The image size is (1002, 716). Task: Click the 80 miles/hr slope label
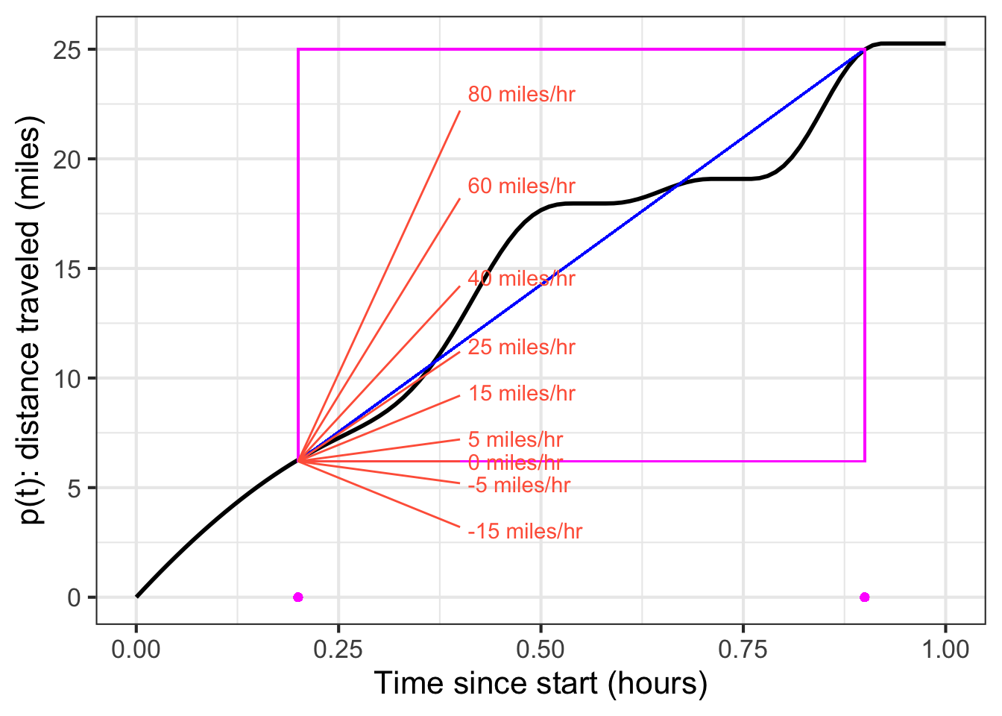521,95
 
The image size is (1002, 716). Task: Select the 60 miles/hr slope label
521,186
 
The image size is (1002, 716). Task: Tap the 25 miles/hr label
521,348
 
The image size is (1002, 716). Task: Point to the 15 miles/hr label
521,394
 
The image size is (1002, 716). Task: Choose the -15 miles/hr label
525,532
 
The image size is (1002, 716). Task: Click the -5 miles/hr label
519,486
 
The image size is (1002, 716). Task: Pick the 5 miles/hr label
515,440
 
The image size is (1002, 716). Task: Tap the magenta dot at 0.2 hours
298,597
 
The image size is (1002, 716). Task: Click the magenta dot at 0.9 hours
865,597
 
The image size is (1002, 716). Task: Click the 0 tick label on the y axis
75,597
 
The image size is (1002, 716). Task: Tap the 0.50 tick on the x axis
541,650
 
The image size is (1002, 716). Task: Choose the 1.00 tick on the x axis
945,650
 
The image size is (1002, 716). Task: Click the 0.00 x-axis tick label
136,650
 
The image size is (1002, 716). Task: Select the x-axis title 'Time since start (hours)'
541,683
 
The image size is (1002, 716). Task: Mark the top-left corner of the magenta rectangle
298,49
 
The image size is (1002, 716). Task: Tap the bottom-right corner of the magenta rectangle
865,461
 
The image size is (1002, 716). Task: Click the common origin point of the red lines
298,461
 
